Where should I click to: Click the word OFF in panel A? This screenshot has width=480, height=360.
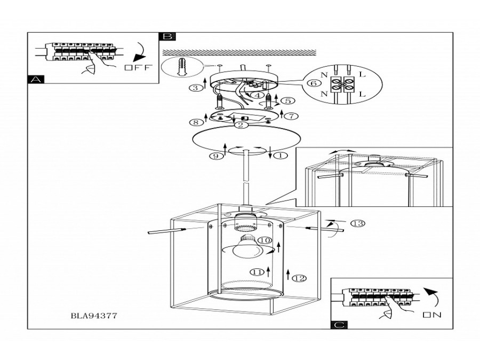click(x=138, y=67)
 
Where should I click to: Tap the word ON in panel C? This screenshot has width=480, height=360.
click(x=432, y=314)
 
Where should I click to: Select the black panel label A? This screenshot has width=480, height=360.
click(x=36, y=79)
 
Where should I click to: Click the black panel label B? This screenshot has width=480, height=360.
click(x=167, y=36)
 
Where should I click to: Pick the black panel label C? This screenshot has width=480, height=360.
click(x=339, y=325)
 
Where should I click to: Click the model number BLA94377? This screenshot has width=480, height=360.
click(x=94, y=316)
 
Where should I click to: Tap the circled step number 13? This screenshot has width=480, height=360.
click(x=357, y=223)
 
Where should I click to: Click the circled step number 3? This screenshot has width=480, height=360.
click(x=195, y=88)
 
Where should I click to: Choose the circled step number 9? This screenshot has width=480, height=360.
click(x=216, y=156)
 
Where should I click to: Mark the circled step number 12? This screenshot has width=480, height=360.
click(x=299, y=278)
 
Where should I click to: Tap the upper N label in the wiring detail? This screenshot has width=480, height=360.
click(x=324, y=74)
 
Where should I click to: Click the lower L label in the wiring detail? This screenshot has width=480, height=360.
click(x=362, y=94)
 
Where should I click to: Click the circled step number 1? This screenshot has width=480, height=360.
click(x=281, y=156)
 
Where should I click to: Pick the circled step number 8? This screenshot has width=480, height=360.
click(x=196, y=122)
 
